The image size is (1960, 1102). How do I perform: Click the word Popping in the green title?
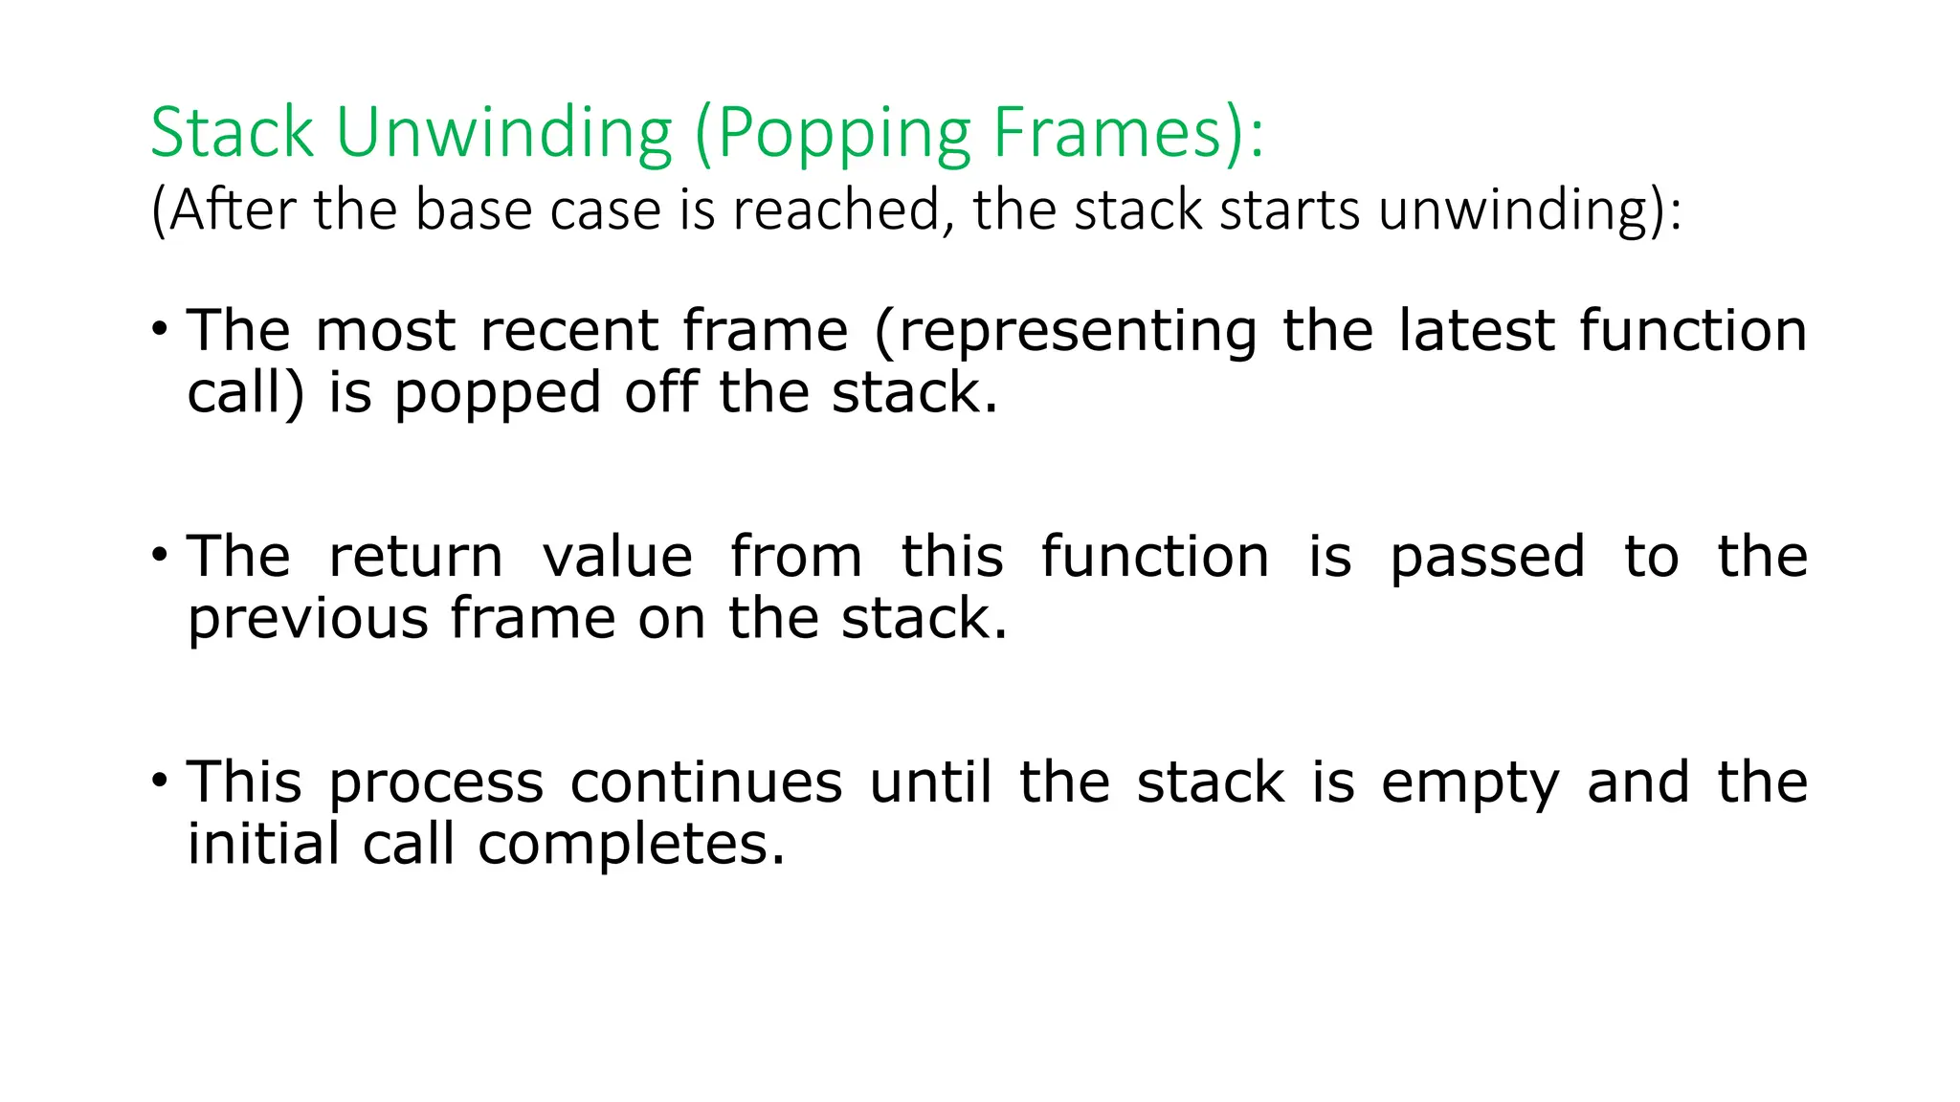(842, 134)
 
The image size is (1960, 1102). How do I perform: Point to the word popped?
(497, 393)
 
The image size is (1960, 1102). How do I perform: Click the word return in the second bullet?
(415, 557)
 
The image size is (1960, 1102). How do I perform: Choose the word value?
(617, 557)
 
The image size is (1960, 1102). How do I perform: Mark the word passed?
(1487, 559)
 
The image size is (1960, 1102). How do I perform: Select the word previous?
(307, 619)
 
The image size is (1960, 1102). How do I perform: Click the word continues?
(706, 782)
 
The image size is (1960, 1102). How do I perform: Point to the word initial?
(263, 844)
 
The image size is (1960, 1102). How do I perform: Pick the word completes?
(631, 846)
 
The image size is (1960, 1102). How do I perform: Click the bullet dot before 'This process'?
(160, 780)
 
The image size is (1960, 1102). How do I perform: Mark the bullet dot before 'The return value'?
(160, 554)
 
